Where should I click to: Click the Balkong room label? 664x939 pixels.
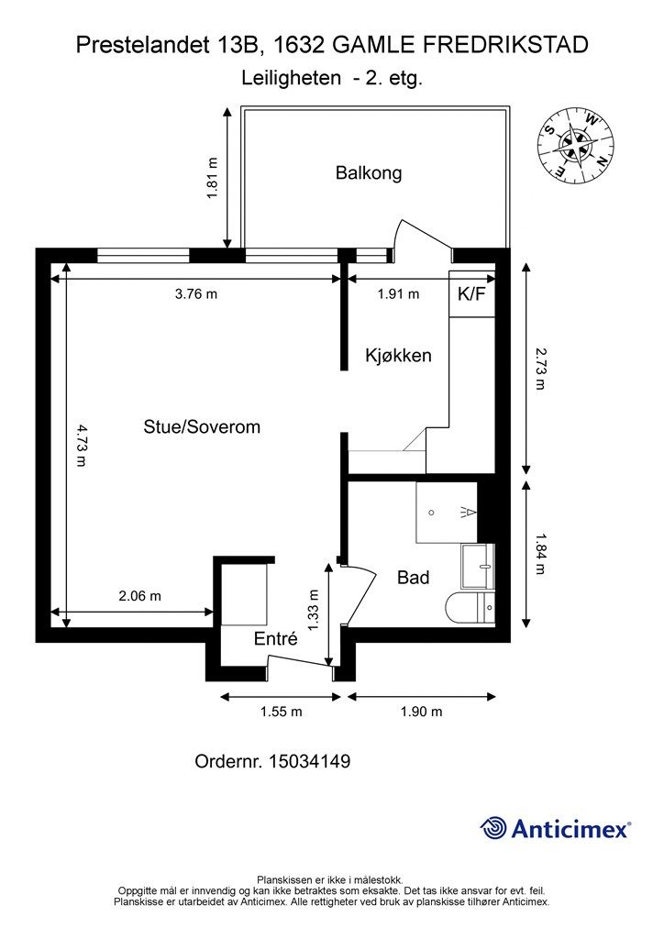[x=368, y=172]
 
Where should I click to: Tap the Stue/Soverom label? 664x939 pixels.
[x=202, y=426]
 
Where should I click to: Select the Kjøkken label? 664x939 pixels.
[x=397, y=355]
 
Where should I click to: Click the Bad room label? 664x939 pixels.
[x=413, y=578]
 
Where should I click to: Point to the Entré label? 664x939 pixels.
[x=275, y=640]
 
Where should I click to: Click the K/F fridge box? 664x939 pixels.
[x=471, y=294]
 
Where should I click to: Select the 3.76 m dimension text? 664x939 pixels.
[x=196, y=294]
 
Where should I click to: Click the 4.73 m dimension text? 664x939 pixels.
[x=81, y=446]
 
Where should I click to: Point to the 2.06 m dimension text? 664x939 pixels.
[x=139, y=595]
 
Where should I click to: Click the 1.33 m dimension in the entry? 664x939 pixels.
[x=313, y=610]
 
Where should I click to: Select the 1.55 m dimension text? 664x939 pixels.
[x=281, y=712]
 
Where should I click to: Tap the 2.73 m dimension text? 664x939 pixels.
[x=539, y=369]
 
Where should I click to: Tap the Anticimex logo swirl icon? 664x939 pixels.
[x=493, y=828]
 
